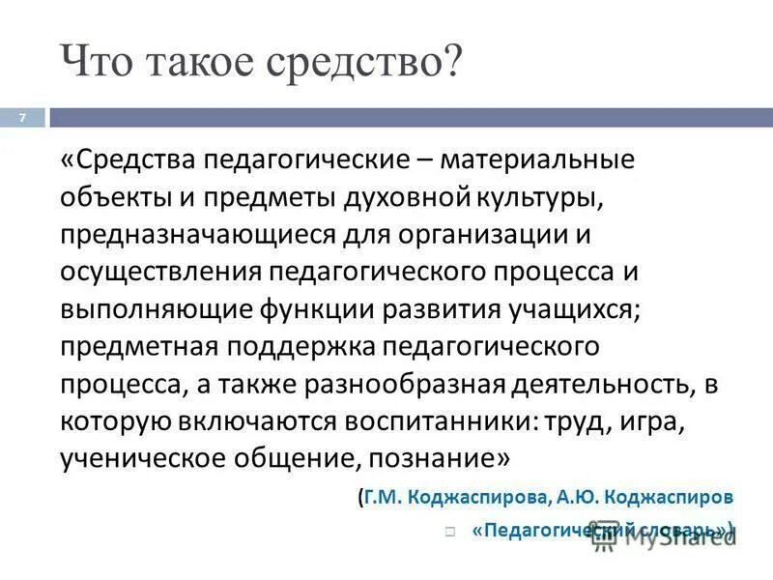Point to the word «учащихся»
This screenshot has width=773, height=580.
[564, 310]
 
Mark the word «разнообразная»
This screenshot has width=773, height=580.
[415, 386]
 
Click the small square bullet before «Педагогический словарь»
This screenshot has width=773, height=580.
[450, 531]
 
